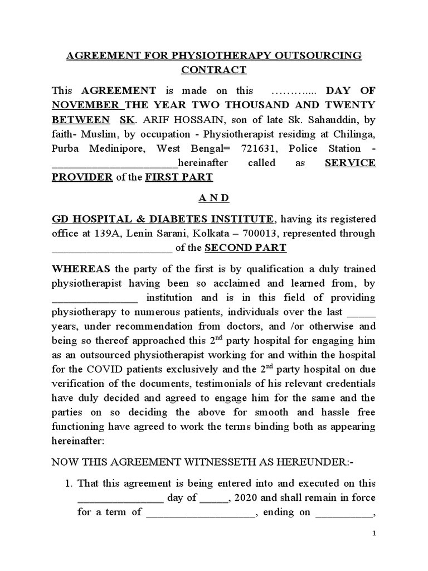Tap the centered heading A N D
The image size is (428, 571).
point(214,198)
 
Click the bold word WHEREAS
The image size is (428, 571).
point(77,268)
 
